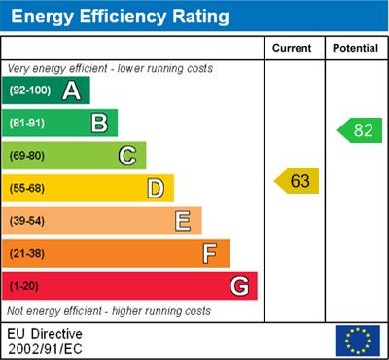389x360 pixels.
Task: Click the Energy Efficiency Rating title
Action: pos(120,17)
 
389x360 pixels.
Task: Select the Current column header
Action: pos(292,48)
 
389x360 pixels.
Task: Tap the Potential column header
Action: pos(355,48)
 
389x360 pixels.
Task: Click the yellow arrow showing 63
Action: pos(297,181)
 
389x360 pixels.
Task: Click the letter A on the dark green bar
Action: pos(71,91)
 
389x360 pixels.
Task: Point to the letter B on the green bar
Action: pos(99,124)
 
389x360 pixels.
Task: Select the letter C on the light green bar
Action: pos(127,156)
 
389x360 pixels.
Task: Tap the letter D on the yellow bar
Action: pos(156,188)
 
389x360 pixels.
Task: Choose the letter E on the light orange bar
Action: pos(183,221)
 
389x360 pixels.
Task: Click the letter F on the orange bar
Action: pos(210,254)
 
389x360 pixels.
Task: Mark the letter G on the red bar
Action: pos(239,287)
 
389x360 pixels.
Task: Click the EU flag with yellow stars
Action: pos(357,340)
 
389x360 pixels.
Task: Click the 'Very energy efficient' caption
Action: pos(109,69)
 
